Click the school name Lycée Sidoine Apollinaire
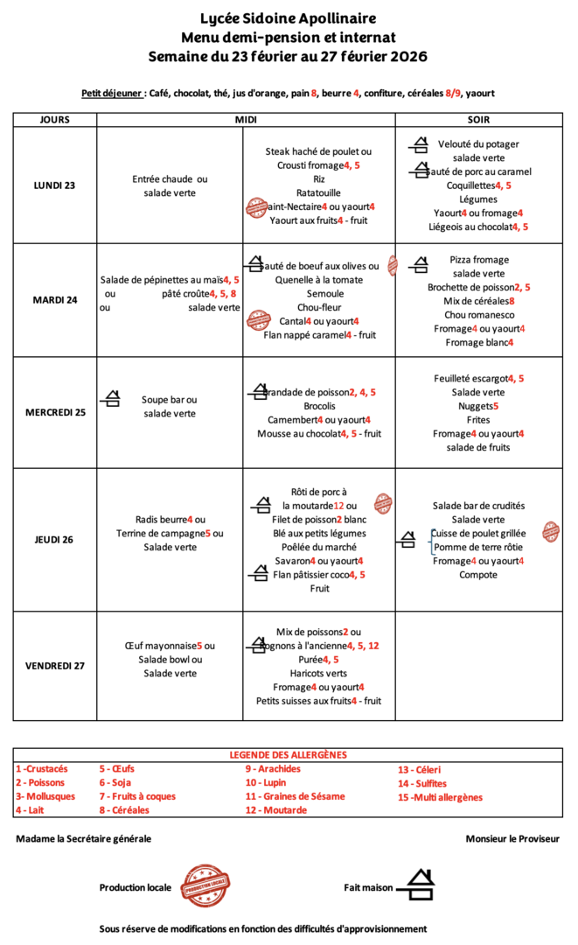289,18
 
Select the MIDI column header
245,120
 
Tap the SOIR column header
478,120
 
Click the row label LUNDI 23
55,185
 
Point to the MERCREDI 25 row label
55,412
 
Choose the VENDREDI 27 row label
55,666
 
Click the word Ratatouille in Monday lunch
319,192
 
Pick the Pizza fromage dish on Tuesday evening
479,260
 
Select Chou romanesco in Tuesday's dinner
479,315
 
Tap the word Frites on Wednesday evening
479,420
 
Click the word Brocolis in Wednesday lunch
319,406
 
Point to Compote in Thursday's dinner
478,575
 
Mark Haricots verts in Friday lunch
319,673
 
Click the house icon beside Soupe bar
111,400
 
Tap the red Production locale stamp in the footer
205,886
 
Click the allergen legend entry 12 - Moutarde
275,810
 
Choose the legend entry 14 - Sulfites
422,783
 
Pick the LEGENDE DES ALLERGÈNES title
288,754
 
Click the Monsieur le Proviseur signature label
512,838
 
